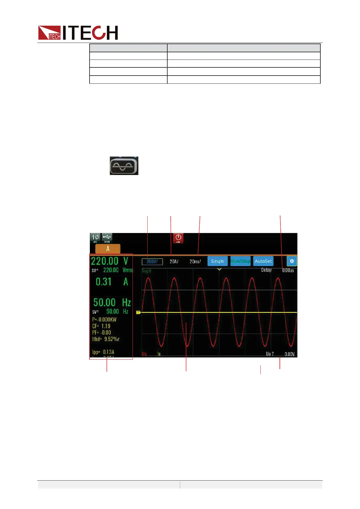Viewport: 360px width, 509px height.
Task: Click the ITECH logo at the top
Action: coord(78,33)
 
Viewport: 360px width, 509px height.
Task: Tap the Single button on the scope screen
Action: coord(218,261)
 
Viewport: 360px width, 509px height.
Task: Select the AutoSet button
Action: coord(263,261)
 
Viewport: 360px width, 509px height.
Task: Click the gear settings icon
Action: coord(292,261)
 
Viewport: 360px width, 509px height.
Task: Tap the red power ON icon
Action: coord(178,238)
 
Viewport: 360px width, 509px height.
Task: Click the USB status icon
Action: coord(107,238)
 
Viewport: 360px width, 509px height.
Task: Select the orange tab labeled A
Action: coord(108,249)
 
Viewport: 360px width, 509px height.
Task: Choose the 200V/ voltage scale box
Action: coord(152,261)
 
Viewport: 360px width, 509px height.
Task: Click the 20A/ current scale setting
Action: coord(174,261)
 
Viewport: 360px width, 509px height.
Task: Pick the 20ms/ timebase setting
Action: coord(195,261)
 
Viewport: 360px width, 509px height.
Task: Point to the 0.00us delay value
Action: coord(288,270)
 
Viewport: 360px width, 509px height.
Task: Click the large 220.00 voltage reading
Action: coord(105,261)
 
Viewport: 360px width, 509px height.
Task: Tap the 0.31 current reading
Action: coord(103,282)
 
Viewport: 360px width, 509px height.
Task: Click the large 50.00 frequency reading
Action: coord(104,302)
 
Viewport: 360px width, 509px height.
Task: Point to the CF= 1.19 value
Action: coord(101,326)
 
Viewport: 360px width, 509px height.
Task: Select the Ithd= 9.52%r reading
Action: coord(106,339)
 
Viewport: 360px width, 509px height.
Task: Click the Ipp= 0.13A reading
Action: coord(103,352)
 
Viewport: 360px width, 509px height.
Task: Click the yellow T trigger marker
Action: coord(139,312)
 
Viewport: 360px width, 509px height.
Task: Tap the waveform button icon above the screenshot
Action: coord(124,166)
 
